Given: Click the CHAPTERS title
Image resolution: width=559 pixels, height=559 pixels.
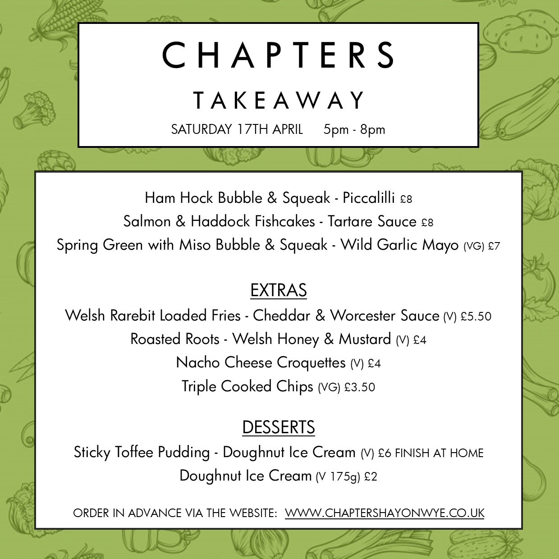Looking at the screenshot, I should [278, 55].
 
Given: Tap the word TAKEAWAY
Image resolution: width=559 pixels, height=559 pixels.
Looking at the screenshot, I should [278, 100].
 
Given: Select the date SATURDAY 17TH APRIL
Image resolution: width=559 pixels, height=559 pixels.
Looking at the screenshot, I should [237, 129].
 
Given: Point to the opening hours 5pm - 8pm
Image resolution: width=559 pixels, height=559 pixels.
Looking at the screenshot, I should [354, 129].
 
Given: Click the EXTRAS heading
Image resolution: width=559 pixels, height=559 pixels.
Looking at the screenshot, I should [278, 290].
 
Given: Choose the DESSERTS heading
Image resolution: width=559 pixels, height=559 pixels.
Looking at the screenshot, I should [278, 427].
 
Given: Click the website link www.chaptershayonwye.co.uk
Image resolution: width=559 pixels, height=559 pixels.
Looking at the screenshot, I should [385, 513].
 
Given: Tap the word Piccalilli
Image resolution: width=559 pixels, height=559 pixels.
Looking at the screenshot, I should [368, 198].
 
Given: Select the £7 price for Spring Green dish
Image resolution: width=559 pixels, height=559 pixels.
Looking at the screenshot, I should [494, 246].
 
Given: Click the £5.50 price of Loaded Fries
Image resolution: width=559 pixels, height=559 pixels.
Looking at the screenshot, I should [476, 316].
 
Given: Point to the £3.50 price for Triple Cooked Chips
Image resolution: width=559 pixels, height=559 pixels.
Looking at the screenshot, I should [359, 387].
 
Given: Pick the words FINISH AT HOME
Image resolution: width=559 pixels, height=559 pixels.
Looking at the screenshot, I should [439, 453].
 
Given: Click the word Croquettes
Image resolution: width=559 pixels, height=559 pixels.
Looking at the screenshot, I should [311, 362].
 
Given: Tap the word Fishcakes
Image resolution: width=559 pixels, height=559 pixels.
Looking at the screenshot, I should [284, 221].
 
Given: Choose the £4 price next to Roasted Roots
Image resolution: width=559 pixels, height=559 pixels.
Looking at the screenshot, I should [420, 340].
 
